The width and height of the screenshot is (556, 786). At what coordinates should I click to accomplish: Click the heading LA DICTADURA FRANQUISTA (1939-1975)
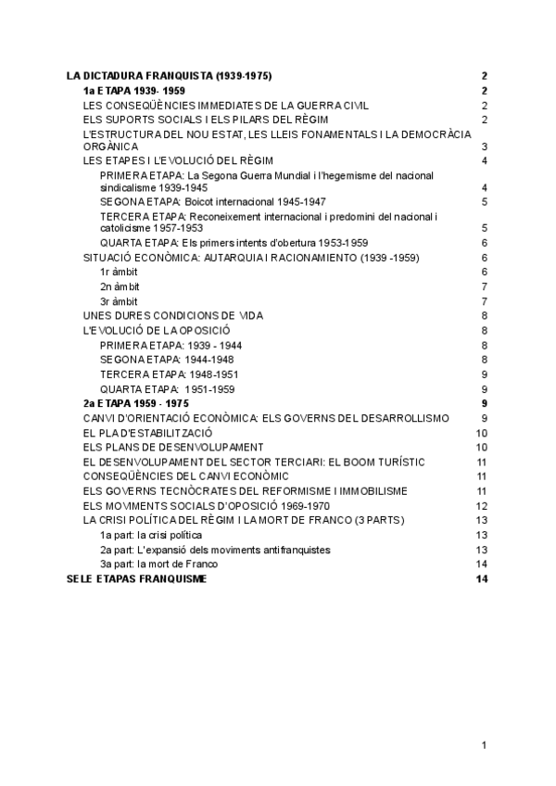170,76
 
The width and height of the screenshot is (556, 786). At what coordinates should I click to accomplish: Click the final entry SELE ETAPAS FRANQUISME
138,578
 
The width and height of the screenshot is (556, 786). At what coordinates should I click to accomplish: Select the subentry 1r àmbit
119,272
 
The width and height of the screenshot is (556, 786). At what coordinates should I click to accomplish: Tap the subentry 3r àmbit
119,301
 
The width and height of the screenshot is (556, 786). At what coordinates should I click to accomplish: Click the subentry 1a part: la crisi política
150,535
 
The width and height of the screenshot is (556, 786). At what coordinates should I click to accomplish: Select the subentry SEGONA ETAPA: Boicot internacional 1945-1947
212,201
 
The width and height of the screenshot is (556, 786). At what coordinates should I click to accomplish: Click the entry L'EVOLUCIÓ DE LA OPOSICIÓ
157,330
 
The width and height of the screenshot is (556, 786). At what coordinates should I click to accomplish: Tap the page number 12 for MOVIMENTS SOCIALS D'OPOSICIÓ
481,505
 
